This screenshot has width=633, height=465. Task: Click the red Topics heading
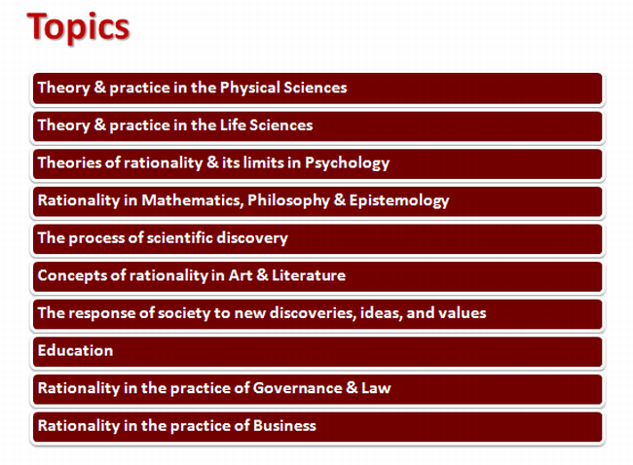pos(78,27)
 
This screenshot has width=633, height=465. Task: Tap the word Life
pos(233,125)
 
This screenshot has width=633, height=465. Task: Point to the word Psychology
pos(348,163)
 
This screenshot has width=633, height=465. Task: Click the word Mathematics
pos(193,200)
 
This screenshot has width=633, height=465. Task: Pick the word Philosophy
pos(288,200)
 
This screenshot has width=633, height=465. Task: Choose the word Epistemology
pos(399,200)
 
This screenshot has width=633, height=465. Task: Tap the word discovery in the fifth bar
pos(252,238)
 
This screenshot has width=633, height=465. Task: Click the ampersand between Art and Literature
pos(262,275)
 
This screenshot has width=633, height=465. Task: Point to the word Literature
pos(309,275)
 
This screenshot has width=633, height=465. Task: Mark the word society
pos(184,313)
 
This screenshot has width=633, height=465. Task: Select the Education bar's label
pos(76,350)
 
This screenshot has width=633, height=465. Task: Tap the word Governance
pos(298,388)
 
